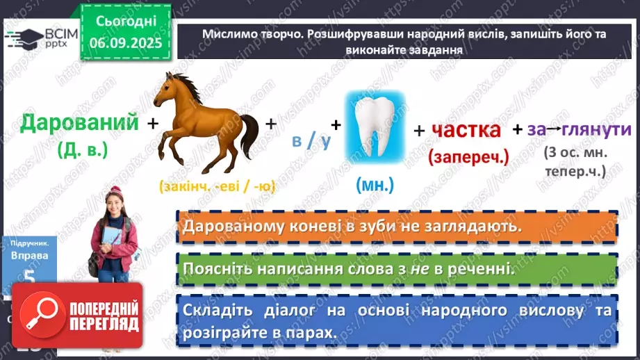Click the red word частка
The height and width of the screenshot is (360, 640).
tap(466, 129)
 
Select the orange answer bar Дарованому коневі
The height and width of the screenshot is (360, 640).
tap(396, 227)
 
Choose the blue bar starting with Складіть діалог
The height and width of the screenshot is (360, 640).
tap(396, 320)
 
